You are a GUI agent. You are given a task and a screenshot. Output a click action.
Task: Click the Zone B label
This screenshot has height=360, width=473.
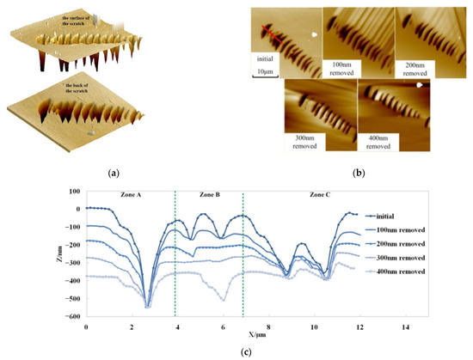[209, 196]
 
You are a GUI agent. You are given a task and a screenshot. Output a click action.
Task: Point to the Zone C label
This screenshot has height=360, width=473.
[320, 196]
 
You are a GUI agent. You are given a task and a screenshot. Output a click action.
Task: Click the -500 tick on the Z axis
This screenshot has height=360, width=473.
[73, 300]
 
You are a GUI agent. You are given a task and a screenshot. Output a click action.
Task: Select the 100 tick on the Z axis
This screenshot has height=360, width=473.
[75, 191]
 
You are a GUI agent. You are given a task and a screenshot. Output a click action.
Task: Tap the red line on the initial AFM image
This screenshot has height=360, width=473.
[261, 34]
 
